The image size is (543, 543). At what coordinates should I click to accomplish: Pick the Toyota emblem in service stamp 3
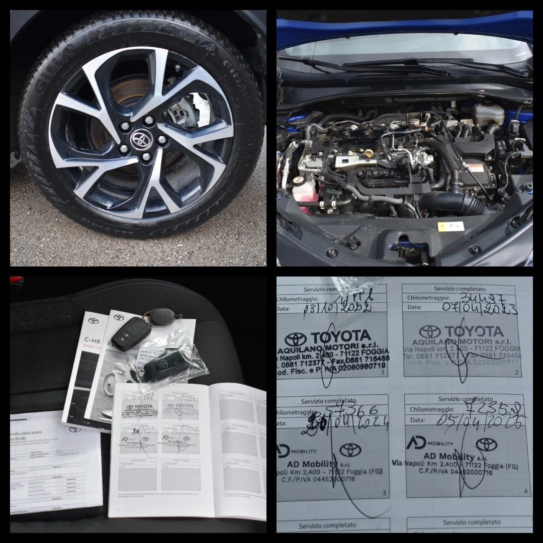[350, 449]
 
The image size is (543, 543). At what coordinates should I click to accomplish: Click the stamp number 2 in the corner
[516, 373]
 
